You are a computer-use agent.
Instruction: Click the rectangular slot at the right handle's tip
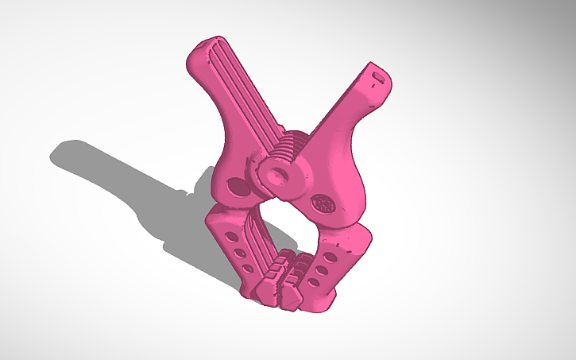tap(377, 77)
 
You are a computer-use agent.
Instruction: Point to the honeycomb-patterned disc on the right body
tap(323, 203)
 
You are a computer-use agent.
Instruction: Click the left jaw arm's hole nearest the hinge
tap(230, 238)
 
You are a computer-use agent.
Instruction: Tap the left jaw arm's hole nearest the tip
tap(248, 269)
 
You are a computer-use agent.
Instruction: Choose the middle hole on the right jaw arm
tap(323, 270)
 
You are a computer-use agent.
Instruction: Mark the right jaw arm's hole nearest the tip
tap(315, 283)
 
